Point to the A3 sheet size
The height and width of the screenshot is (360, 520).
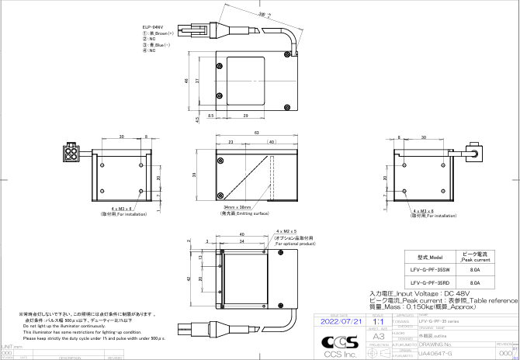point(379,337)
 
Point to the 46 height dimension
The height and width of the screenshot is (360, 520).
point(187,80)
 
